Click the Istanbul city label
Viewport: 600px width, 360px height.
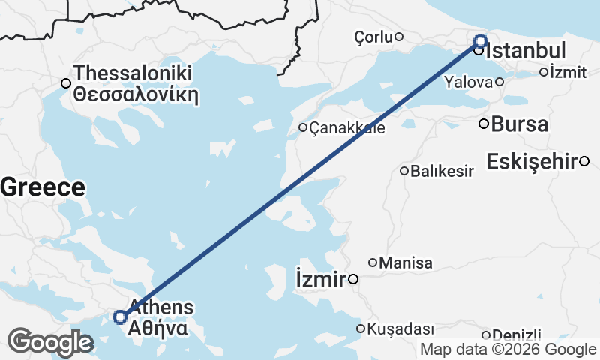526,52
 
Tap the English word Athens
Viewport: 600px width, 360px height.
161,307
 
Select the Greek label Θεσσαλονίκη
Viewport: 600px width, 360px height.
135,94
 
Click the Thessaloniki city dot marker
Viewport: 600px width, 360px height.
66,83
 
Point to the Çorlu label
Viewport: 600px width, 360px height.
373,37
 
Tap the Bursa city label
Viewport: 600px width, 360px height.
520,124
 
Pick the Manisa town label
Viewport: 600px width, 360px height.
406,263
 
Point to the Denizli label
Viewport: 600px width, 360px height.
516,335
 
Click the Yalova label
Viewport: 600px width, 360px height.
469,82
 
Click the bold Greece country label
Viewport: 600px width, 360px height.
43,187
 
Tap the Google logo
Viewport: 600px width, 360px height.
50,342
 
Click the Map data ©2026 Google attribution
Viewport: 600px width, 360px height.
508,349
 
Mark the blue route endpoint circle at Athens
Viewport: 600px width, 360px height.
120,317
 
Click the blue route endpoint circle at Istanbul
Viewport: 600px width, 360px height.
480,41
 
